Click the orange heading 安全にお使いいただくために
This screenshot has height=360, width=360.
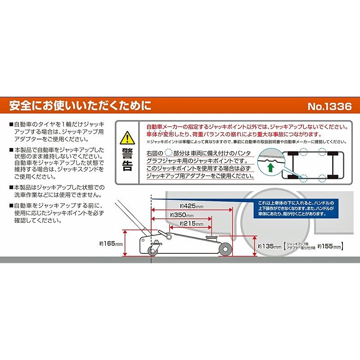click(81, 107)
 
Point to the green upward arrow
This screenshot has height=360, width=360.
click(270, 168)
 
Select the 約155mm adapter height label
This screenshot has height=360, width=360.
click(329, 246)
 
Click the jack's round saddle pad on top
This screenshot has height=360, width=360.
click(210, 235)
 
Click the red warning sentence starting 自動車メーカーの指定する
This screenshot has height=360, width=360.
click(245, 127)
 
